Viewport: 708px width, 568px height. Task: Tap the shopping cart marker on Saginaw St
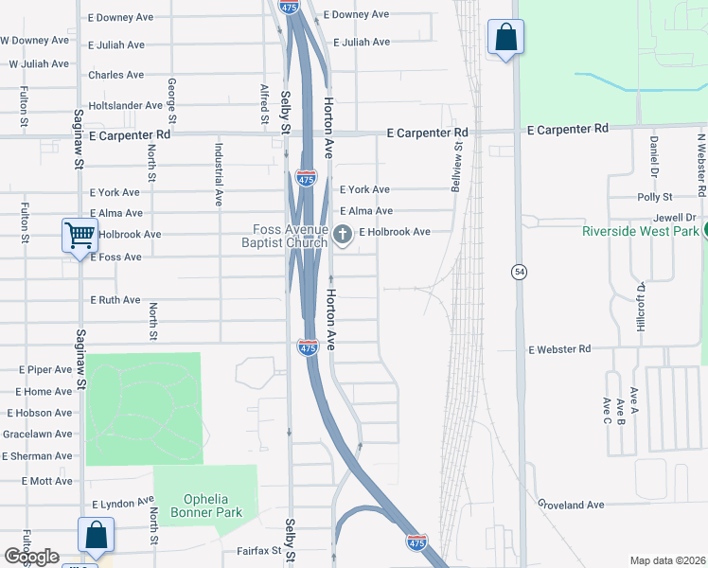(x=80, y=234)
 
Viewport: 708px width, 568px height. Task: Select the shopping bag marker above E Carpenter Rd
(x=506, y=38)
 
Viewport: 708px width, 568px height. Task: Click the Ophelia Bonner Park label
(x=205, y=506)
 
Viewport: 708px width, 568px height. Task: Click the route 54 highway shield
(x=519, y=273)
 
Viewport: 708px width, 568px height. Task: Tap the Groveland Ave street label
(x=571, y=506)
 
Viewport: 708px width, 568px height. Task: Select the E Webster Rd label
(x=559, y=349)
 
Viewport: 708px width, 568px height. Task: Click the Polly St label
(x=654, y=197)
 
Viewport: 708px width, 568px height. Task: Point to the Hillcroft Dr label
(x=641, y=306)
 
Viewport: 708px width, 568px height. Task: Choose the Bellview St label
(x=458, y=157)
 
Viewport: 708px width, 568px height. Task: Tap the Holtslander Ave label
(x=126, y=105)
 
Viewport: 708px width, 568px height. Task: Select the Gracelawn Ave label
(x=38, y=434)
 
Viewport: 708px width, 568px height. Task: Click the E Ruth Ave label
(x=115, y=300)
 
